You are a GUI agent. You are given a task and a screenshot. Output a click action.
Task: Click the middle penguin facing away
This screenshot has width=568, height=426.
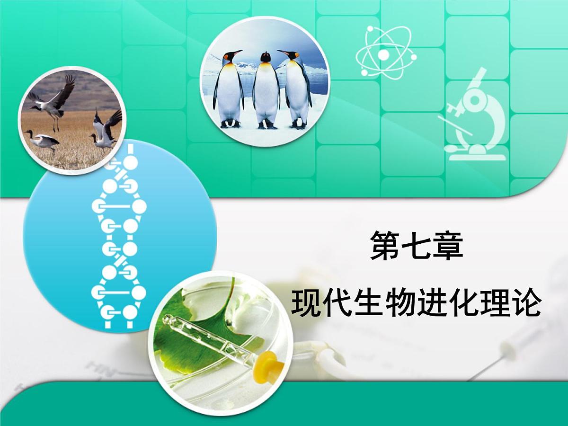266,90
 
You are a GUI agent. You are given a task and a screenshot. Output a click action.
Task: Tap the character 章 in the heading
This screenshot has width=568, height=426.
448,246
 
